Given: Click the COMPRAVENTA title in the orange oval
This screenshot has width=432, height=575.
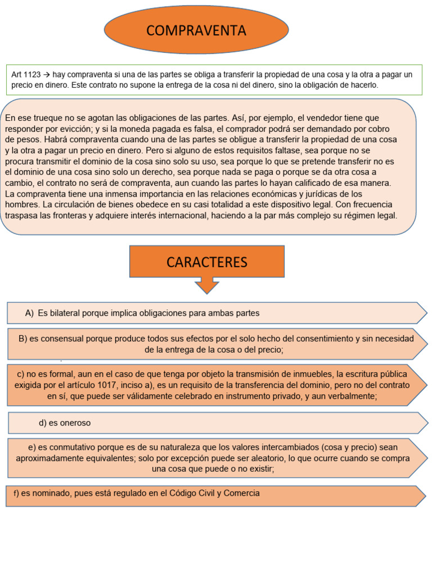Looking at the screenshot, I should (196, 31).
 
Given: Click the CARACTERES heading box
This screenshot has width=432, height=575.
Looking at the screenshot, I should (207, 262).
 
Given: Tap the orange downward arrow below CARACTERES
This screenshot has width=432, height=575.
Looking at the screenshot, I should (207, 286).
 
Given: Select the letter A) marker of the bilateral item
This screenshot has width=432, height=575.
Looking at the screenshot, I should (30, 313).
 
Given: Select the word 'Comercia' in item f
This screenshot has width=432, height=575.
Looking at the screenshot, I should (242, 493).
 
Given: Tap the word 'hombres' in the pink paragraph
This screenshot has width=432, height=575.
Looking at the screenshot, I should (22, 204).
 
